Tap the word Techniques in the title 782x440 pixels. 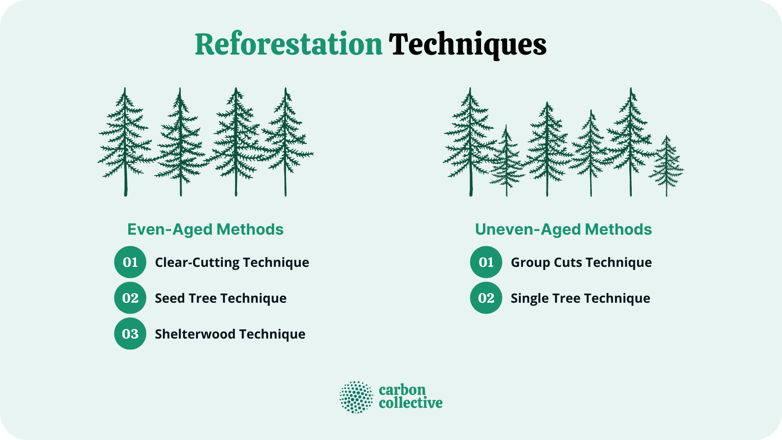[467, 45]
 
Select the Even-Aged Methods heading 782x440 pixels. [205, 229]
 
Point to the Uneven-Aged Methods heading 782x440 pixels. [563, 229]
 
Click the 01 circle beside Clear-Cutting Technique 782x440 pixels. [130, 262]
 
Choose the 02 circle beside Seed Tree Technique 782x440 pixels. [130, 298]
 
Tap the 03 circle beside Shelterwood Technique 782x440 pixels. [130, 334]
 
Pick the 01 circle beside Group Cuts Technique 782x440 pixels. [486, 262]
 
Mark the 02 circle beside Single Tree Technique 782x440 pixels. [486, 298]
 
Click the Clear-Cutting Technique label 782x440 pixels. [232, 262]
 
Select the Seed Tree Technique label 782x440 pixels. [220, 298]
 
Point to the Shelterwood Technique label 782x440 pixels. [230, 334]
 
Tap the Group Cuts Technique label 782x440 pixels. [581, 262]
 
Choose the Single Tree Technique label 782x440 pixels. [580, 298]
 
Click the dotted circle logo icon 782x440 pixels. [356, 397]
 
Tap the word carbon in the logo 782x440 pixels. [402, 390]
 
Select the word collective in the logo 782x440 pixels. [411, 403]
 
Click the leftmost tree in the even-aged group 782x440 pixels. [125, 143]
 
